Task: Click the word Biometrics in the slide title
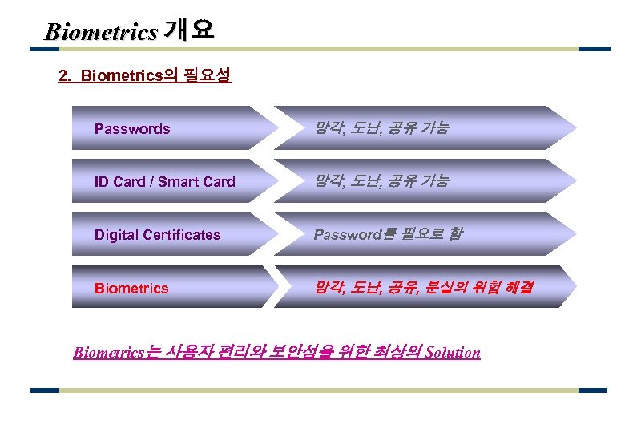[x=101, y=32]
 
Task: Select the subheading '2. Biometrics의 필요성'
[x=145, y=76]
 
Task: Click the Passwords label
[x=132, y=129]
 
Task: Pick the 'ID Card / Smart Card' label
[x=164, y=182]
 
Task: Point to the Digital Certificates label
[x=157, y=235]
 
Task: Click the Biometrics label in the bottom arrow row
[x=131, y=289]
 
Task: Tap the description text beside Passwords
[x=381, y=128]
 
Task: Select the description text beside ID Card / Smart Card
[x=381, y=181]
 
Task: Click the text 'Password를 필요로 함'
[x=388, y=235]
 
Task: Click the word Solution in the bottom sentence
[x=453, y=352]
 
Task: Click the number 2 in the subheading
[x=63, y=76]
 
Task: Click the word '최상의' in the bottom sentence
[x=399, y=352]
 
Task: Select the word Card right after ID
[x=130, y=182]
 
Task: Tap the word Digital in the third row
[x=115, y=235]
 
